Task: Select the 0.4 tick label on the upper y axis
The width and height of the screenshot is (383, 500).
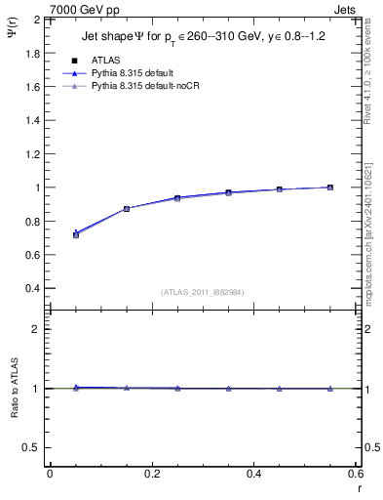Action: [x=34, y=288]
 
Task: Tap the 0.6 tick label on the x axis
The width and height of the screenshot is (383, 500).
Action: [x=356, y=474]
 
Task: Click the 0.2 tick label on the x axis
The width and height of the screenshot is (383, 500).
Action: [x=151, y=474]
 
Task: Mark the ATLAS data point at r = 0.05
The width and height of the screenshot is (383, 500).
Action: [x=75, y=234]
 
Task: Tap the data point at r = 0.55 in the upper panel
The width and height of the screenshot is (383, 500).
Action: [x=330, y=187]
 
